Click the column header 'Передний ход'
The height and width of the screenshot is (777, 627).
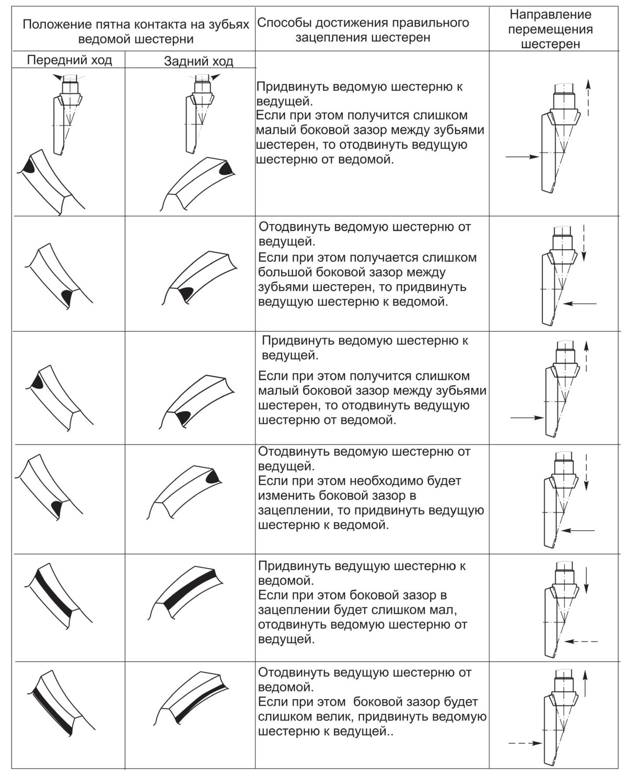pos(69,60)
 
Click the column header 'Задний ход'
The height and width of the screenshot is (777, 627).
pos(199,62)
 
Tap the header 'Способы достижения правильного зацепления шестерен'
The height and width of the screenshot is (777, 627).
pos(363,30)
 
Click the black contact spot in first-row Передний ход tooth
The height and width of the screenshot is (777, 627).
pos(28,166)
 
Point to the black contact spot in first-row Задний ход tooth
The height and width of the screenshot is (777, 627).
pos(225,168)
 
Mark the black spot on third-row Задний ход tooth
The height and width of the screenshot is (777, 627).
pos(183,418)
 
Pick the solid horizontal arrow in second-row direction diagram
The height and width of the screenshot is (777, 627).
pos(581,303)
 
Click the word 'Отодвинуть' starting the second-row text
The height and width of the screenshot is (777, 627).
pos(294,227)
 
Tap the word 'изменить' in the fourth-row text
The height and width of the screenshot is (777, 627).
pos(282,495)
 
